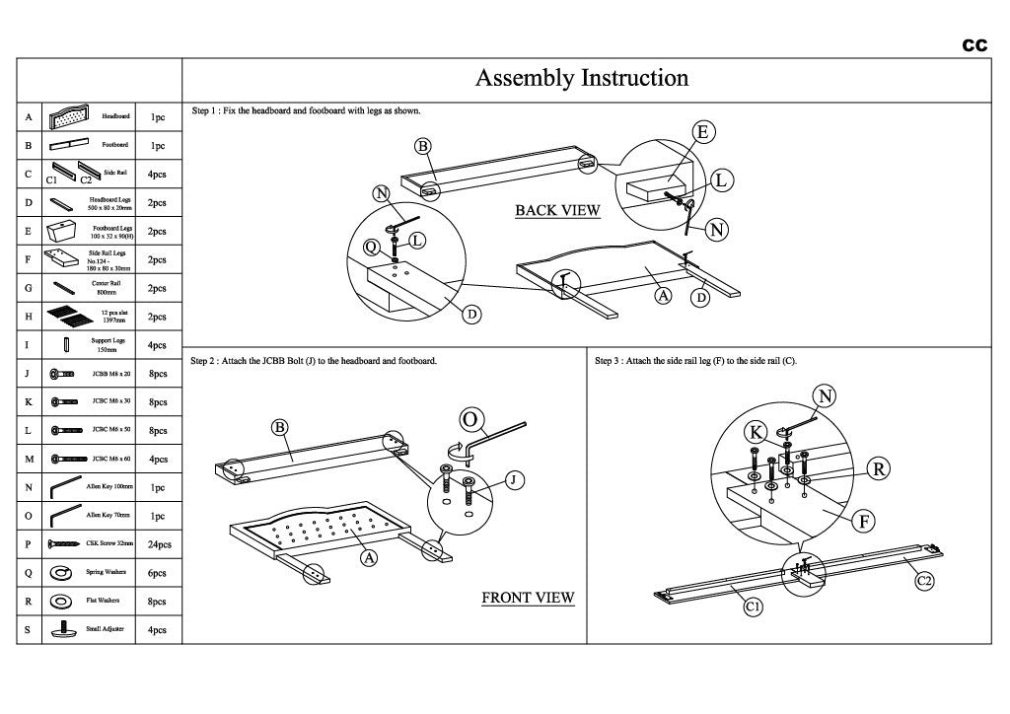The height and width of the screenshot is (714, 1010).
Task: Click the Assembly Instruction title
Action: point(582,78)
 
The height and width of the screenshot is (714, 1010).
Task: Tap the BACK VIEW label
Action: point(557,211)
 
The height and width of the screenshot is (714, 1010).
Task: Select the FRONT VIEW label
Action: point(528,598)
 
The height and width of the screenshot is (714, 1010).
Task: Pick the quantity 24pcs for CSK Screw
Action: point(158,544)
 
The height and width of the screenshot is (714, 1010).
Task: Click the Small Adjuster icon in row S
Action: point(61,629)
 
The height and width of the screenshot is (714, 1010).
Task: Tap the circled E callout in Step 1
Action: point(702,133)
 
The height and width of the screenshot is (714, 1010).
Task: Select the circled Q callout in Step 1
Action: point(371,247)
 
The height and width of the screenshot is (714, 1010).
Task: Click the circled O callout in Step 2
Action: point(470,421)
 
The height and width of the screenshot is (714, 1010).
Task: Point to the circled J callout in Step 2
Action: point(514,480)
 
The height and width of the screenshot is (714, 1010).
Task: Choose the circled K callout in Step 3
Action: point(756,431)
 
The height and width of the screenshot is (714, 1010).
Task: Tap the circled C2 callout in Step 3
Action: point(924,582)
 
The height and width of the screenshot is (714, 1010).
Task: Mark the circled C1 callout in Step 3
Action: point(752,607)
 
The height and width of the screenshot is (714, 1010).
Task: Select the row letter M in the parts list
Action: point(28,459)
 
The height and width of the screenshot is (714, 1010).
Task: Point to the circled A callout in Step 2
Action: point(370,558)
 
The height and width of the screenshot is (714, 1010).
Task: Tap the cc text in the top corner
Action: point(975,44)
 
